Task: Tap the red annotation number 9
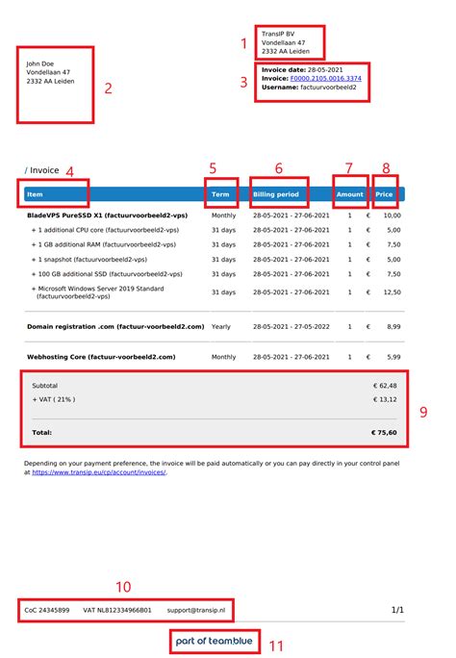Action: [422, 412]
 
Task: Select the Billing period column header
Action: [276, 194]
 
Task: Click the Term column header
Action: [220, 194]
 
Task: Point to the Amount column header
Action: [350, 194]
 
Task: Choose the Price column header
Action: [384, 194]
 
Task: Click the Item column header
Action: [36, 194]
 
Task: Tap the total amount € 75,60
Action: [386, 433]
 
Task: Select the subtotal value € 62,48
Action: [387, 386]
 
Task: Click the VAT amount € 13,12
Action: [387, 399]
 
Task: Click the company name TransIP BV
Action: [278, 34]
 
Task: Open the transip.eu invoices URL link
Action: [99, 472]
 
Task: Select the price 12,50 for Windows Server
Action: [393, 292]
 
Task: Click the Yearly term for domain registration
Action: [221, 327]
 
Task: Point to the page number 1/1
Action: [397, 610]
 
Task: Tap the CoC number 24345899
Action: [47, 610]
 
